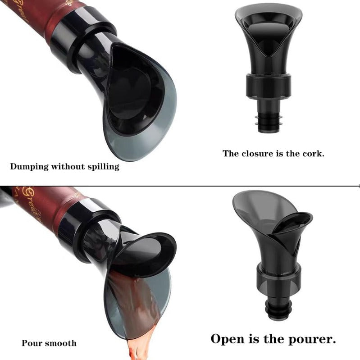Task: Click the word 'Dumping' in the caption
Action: pyautogui.click(x=28, y=166)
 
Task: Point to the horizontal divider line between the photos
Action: pyautogui.click(x=180, y=185)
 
